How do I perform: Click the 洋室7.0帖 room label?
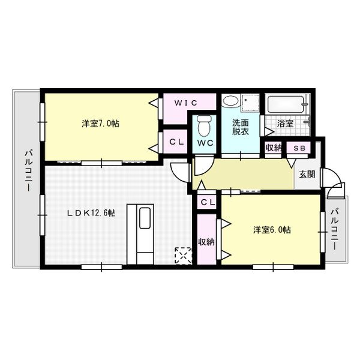tap(100, 124)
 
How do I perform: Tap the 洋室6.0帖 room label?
tap(272, 229)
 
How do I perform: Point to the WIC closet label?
tap(186, 103)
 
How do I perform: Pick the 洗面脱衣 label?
tap(241, 127)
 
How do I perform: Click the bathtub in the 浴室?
tap(286, 106)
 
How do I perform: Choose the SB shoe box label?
tap(298, 148)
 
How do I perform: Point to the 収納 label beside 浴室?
tap(273, 148)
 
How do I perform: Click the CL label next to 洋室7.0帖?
tap(176, 142)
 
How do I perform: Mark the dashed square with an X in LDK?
tap(181, 256)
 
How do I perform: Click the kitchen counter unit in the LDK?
tap(141, 233)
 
